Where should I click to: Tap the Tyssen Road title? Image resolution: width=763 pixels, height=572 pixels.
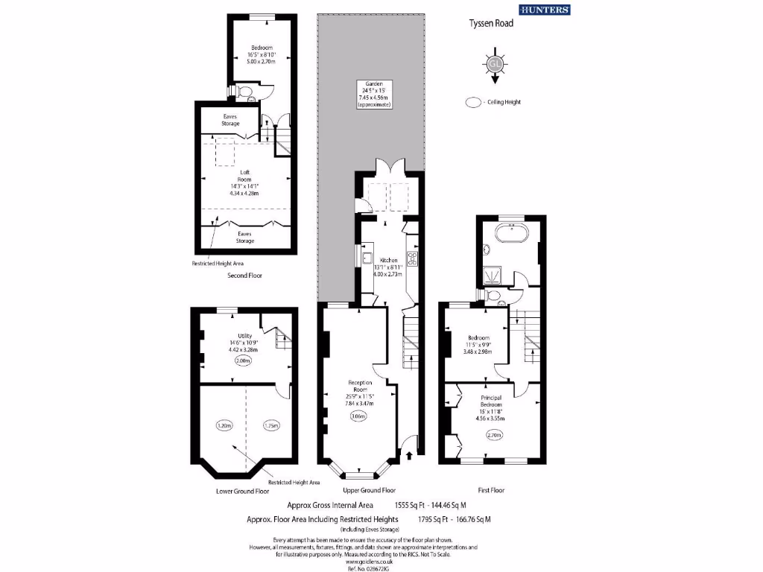[x=490, y=23]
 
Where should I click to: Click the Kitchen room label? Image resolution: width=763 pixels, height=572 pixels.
[x=389, y=261]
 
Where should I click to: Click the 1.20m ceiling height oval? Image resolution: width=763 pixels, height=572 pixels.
[x=224, y=426]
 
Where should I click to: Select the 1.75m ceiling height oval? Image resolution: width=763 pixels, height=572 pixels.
[x=270, y=426]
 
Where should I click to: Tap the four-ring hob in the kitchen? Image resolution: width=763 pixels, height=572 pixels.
[x=412, y=260]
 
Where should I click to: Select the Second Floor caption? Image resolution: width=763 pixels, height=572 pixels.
[x=244, y=276]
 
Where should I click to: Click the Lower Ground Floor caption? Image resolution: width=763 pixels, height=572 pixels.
[x=242, y=492]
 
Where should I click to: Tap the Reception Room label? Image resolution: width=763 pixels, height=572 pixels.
[x=359, y=386]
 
